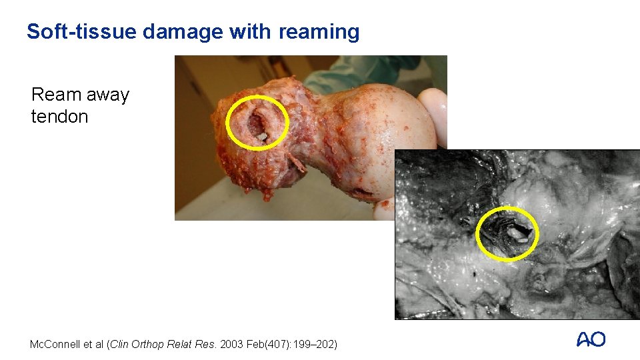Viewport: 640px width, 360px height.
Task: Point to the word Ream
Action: point(55,95)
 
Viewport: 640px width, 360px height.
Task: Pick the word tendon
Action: point(59,117)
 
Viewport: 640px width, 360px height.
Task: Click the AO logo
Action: point(591,340)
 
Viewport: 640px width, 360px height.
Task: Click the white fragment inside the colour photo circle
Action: point(262,137)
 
